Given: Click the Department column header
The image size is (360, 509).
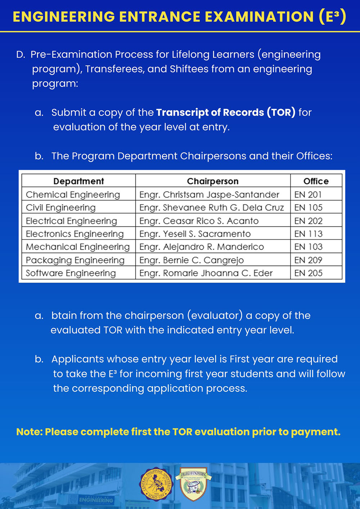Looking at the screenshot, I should pyautogui.click(x=78, y=181).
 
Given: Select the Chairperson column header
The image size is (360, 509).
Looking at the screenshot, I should pyautogui.click(x=212, y=181).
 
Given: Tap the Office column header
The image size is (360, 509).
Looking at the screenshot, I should pyautogui.click(x=316, y=181).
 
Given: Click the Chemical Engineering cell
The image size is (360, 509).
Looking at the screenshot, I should pyautogui.click(x=73, y=195).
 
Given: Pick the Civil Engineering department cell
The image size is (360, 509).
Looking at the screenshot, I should pyautogui.click(x=60, y=208).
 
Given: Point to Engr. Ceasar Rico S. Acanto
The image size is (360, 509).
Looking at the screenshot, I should pyautogui.click(x=199, y=221).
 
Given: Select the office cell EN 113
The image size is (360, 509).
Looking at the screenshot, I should pyautogui.click(x=308, y=234).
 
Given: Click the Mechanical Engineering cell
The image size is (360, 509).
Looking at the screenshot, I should pyautogui.click(x=77, y=247).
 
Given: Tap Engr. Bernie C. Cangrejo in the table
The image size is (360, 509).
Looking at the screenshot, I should pyautogui.click(x=191, y=260).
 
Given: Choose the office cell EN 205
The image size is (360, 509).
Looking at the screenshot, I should pyautogui.click(x=308, y=273).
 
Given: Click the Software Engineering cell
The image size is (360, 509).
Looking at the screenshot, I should pyautogui.click(x=71, y=273).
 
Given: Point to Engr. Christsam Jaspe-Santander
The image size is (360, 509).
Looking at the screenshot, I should pyautogui.click(x=209, y=195).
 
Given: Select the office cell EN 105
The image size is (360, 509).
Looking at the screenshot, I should pyautogui.click(x=308, y=208).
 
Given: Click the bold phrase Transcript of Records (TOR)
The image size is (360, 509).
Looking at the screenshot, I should pyautogui.click(x=226, y=112).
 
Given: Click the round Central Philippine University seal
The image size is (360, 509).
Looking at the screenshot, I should pyautogui.click(x=156, y=484).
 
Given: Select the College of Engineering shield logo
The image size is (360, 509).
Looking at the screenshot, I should pyautogui.click(x=194, y=484).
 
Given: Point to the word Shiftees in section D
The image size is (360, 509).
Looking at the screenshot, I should pyautogui.click(x=189, y=69).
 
